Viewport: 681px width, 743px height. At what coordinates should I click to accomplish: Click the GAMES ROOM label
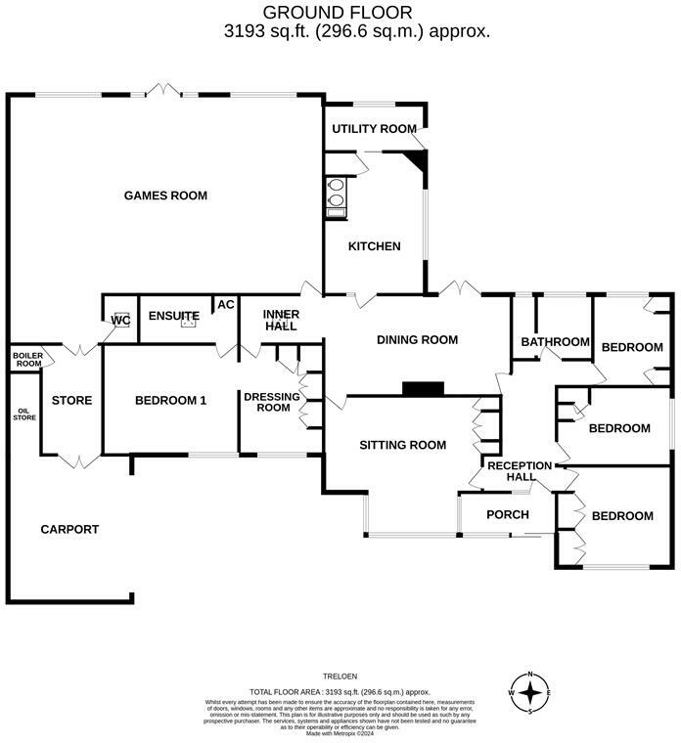coord(165,196)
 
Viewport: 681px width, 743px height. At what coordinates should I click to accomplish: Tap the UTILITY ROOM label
coord(374,129)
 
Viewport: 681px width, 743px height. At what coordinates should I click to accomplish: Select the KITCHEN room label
coord(374,246)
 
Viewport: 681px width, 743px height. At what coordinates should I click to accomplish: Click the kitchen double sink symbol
coord(336,192)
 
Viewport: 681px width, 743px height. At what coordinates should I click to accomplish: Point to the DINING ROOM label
coord(418,340)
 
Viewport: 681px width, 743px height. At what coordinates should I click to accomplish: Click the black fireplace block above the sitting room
coord(423,389)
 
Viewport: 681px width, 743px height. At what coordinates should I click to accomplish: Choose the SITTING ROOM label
coord(402,445)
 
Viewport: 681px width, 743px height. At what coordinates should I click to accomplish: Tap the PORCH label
coord(507,515)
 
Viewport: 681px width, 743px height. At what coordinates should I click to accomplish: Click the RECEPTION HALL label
coord(519,471)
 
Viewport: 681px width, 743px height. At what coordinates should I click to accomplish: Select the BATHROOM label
coord(555,342)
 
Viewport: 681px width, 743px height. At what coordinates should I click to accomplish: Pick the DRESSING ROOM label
coord(266,401)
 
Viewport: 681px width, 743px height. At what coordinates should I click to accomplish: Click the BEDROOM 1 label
coord(170,400)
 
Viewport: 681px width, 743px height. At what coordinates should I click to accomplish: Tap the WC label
coord(120,320)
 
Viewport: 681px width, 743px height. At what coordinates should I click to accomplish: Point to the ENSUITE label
coord(174,316)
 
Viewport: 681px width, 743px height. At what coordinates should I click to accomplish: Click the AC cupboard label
coord(225,305)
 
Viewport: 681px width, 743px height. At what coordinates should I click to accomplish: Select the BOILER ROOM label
coord(26,360)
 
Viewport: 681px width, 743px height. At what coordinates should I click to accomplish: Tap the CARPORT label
coord(69,529)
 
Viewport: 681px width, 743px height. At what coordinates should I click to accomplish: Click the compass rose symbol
coord(529,693)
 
